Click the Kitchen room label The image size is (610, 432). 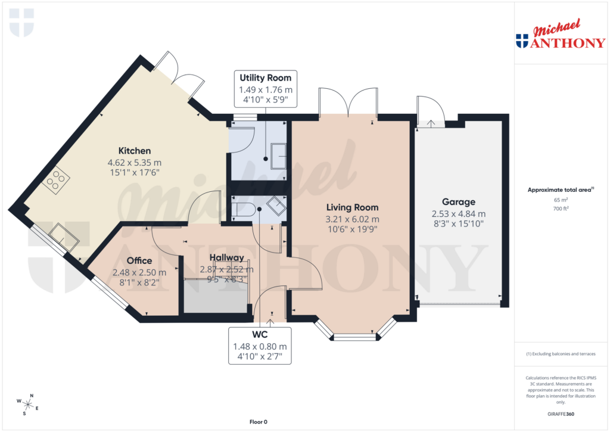pos(134,151)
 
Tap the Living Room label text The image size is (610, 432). pos(352,207)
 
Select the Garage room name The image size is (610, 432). pos(458,202)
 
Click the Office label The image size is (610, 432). pos(139,260)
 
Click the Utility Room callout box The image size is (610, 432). pos(265,88)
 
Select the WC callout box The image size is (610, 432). pos(259,346)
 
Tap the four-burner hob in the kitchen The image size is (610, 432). pos(55,180)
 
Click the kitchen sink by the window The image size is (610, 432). pos(64,237)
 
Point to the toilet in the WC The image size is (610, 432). pos(244,210)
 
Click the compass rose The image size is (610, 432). pos(28,405)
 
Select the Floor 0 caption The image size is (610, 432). pos(258,422)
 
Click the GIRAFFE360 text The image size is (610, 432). pos(561,414)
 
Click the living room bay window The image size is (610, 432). pos(355,337)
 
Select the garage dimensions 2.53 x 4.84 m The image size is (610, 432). pos(458,214)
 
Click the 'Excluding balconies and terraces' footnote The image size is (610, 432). pos(561,354)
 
